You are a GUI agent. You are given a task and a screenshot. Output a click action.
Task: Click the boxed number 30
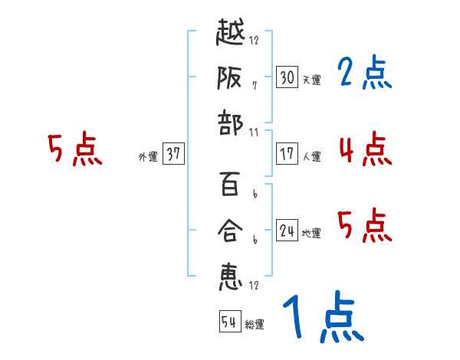coord(287,77)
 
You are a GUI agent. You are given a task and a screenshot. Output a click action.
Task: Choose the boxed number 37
coord(173,154)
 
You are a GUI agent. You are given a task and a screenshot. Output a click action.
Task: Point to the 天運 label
coord(311,80)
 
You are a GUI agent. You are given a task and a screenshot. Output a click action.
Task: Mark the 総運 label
coord(255,325)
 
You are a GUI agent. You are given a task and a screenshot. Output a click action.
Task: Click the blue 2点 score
coord(364,74)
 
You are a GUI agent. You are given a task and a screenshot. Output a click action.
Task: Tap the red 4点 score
coord(364,149)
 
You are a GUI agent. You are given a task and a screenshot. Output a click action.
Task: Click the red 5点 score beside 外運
coord(74,149)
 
